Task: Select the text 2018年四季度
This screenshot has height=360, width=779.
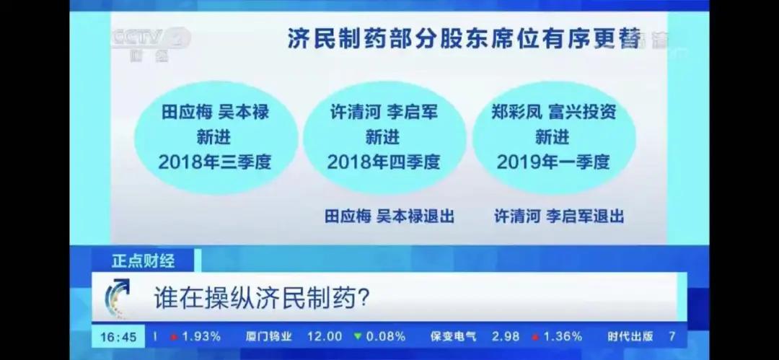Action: [384, 161]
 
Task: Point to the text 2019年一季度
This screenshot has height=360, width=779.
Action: [553, 161]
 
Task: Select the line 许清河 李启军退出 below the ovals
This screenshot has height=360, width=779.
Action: [559, 216]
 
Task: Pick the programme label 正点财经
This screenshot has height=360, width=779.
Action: [143, 260]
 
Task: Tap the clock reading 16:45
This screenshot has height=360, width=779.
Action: [118, 337]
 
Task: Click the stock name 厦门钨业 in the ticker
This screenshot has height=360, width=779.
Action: [268, 337]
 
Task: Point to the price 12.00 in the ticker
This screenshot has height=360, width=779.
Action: [325, 337]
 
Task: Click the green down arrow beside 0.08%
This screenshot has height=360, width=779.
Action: [356, 337]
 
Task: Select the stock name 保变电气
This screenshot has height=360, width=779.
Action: [454, 337]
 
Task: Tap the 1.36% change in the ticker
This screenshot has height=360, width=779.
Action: [563, 337]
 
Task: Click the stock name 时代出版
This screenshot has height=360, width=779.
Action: [630, 337]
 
